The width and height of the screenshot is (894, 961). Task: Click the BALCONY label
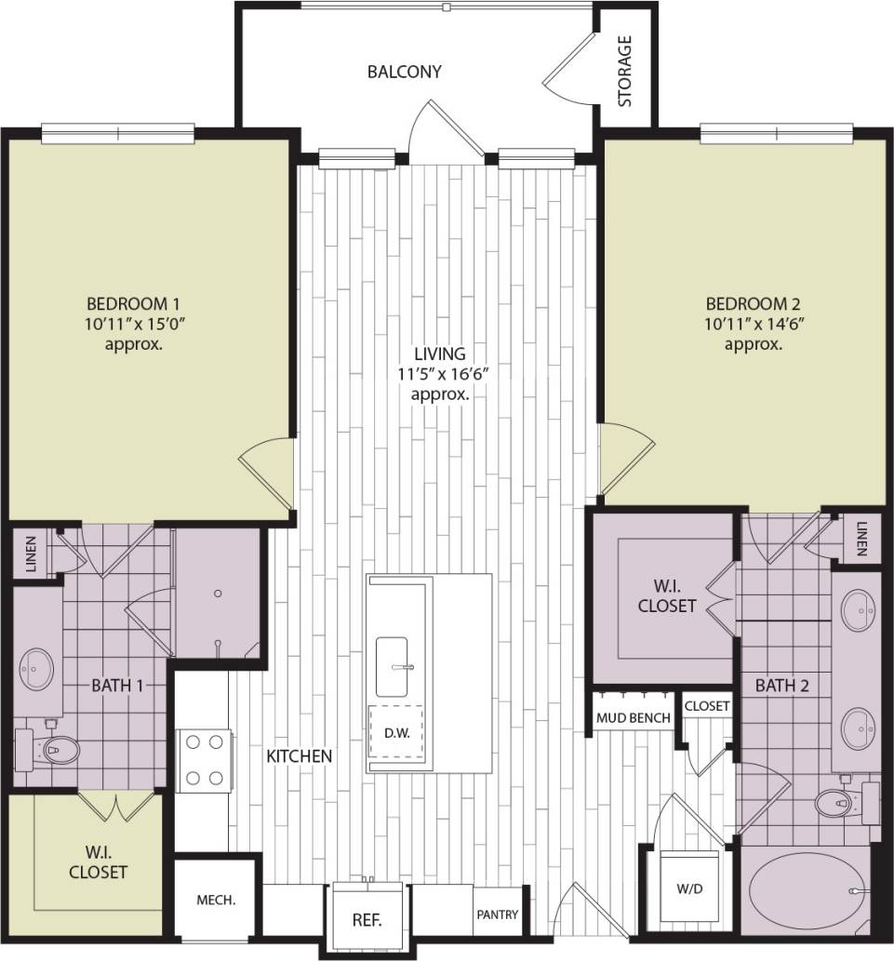(x=404, y=71)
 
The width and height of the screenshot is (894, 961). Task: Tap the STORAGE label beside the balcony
(x=625, y=71)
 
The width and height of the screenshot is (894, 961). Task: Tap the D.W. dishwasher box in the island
(x=396, y=732)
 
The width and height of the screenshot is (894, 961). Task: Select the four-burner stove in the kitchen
(x=204, y=758)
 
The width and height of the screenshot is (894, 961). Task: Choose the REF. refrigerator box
(x=367, y=920)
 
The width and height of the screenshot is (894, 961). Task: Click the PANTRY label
(x=498, y=915)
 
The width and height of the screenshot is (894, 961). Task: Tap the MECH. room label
(x=216, y=901)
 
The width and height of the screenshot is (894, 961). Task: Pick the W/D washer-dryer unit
(x=689, y=888)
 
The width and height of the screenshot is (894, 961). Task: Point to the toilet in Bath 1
(x=55, y=750)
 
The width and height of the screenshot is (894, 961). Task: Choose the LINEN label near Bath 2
(x=861, y=538)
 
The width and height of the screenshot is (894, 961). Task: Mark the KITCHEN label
(x=300, y=756)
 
